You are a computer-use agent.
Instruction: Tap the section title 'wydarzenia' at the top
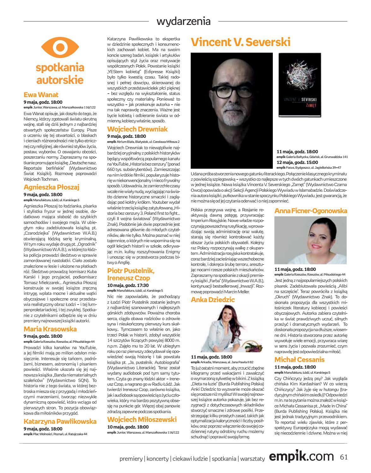click(x=183, y=21)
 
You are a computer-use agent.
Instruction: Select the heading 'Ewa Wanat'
click(x=41, y=95)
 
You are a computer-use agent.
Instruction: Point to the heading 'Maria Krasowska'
click(x=50, y=329)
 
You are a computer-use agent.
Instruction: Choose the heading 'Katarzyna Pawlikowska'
click(x=60, y=422)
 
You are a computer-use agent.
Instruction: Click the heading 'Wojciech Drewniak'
click(x=137, y=129)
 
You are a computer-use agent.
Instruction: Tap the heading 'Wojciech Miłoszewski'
click(x=142, y=419)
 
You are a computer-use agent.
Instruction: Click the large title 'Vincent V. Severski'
click(x=241, y=42)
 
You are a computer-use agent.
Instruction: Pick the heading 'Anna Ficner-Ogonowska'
click(x=311, y=211)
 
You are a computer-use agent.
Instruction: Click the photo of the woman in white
click(x=311, y=240)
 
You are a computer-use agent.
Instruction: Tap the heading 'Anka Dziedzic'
click(x=213, y=300)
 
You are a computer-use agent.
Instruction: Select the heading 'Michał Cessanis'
click(x=299, y=360)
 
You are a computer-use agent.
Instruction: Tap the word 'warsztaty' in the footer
click(x=252, y=459)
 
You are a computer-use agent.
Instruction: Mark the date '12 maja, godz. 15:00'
click(x=297, y=162)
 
